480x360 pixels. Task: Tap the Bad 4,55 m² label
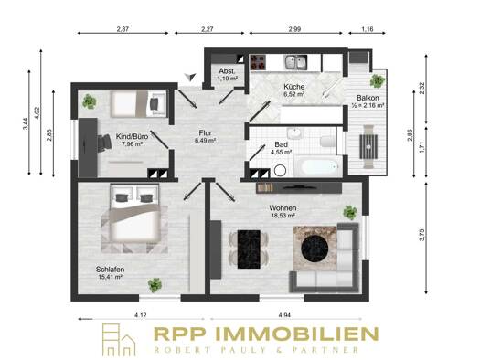(x=281, y=148)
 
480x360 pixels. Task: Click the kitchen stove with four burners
(x=258, y=62)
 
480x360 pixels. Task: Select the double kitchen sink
(x=296, y=62)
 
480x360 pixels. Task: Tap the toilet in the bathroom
(x=328, y=141)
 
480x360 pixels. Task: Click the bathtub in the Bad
(x=318, y=166)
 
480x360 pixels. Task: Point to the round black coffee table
(x=315, y=248)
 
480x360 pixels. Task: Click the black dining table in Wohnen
(x=249, y=249)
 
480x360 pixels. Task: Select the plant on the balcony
(x=377, y=80)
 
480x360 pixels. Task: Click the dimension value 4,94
(x=284, y=314)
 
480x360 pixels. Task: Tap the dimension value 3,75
(x=422, y=235)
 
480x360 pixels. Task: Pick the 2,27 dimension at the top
(x=208, y=29)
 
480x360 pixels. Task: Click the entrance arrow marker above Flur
(x=190, y=77)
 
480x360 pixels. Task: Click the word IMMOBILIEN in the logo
(x=297, y=334)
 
